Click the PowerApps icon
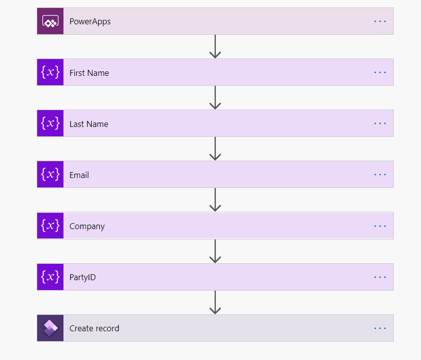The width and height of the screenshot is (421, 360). [x=50, y=21]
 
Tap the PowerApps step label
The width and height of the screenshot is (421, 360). [x=90, y=21]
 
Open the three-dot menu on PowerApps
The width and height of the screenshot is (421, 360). [x=380, y=21]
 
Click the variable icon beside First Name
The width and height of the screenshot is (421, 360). [x=50, y=72]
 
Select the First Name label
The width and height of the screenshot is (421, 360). [x=89, y=73]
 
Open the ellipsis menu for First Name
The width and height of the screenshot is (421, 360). [x=380, y=72]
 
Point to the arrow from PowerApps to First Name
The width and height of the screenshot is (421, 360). [x=215, y=47]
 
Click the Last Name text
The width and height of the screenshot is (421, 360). [x=88, y=124]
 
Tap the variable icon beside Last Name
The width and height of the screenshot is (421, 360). [x=50, y=123]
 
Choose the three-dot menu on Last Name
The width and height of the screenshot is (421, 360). [x=380, y=123]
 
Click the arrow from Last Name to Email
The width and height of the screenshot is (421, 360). [x=215, y=149]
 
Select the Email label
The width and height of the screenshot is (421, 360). [x=79, y=175]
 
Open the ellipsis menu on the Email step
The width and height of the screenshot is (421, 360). [x=380, y=175]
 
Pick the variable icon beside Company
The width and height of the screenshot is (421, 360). [x=50, y=226]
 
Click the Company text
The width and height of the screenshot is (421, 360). [x=87, y=226]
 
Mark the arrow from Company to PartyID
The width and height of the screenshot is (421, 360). [x=215, y=251]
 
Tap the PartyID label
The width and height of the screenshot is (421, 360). [x=82, y=277]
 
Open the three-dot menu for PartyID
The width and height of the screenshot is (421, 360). [x=380, y=277]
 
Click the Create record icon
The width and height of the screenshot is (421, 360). [x=50, y=328]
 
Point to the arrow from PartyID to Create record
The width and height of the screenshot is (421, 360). [x=215, y=302]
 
